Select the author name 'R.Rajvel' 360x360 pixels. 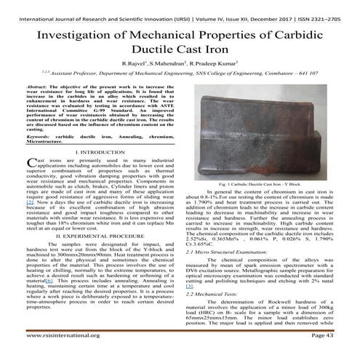[139, 65]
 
